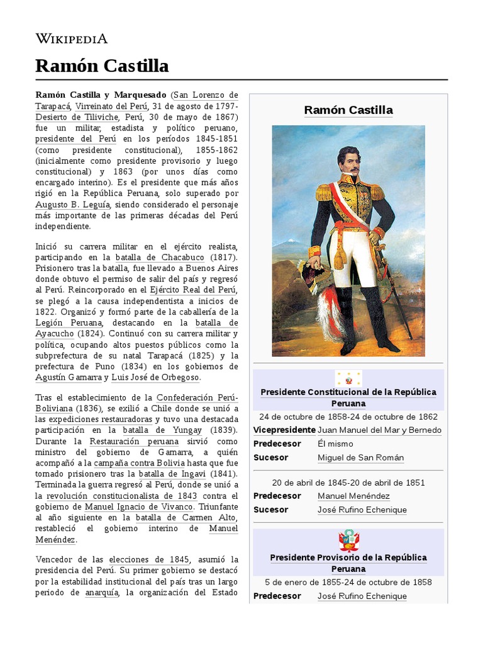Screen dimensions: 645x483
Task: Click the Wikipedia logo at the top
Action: click(71, 39)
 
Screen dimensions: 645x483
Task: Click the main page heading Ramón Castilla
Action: click(102, 66)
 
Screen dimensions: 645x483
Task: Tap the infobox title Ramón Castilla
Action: click(348, 110)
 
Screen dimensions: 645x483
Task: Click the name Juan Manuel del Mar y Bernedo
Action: click(379, 430)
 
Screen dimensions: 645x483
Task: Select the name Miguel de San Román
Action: click(360, 457)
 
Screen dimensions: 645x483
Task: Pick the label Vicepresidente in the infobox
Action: click(284, 430)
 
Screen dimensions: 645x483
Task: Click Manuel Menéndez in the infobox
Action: click(353, 496)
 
